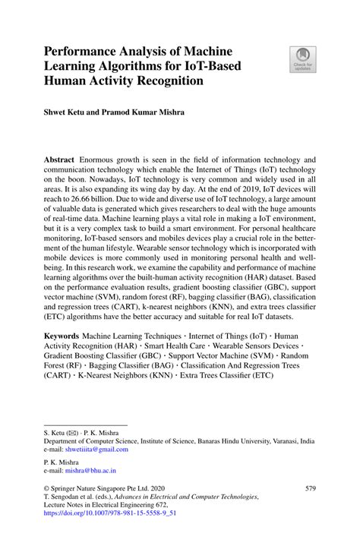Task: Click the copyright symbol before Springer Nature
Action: pyautogui.click(x=47, y=488)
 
